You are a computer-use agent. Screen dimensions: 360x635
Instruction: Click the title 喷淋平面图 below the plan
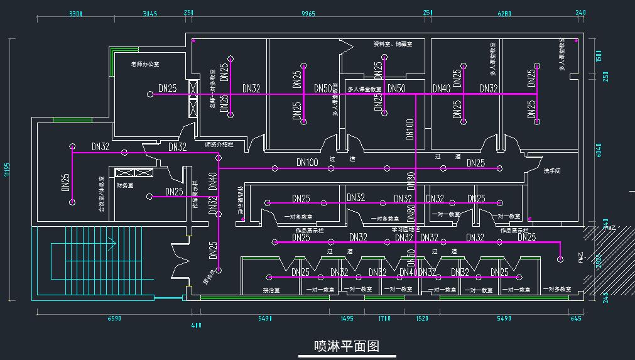coord(347,346)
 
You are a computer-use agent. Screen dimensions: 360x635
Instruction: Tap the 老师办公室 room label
coord(145,64)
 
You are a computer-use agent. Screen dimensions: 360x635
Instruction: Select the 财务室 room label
coord(125,185)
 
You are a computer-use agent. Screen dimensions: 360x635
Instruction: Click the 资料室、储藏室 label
coord(393,45)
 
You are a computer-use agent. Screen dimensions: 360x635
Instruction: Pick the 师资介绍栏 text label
coord(219,145)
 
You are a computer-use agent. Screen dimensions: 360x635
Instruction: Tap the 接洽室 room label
coord(271,290)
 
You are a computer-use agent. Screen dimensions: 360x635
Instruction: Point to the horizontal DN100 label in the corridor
coord(307,163)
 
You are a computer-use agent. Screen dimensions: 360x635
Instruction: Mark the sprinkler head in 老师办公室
coord(150,94)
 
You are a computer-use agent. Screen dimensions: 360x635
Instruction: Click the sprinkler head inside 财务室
coord(149,197)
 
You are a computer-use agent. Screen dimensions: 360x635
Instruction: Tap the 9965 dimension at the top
coord(308,13)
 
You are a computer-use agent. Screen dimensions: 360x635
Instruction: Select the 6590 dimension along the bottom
coord(114,319)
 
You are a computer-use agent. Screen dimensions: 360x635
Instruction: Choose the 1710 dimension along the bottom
coord(384,319)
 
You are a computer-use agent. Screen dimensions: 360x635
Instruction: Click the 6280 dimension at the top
coord(504,13)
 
